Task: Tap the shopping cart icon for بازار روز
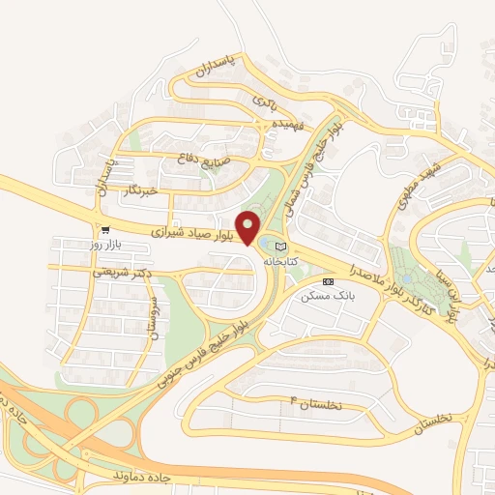[103, 230]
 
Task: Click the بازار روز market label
[102, 245]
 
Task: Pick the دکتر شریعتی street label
[124, 274]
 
